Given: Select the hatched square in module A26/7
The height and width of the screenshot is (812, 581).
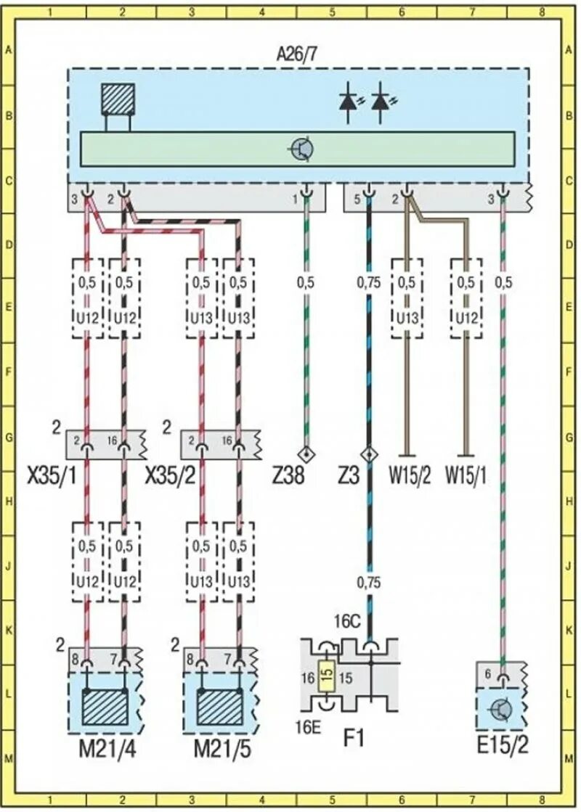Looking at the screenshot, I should [x=118, y=99].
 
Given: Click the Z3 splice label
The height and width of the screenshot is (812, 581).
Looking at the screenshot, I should [x=353, y=477].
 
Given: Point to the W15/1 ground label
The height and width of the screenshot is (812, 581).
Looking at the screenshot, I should [x=465, y=477].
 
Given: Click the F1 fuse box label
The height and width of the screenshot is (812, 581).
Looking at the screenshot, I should [x=353, y=739].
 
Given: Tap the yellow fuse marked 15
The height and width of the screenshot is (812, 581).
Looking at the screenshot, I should [x=327, y=677].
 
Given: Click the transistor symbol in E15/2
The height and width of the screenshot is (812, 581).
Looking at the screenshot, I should [x=500, y=709].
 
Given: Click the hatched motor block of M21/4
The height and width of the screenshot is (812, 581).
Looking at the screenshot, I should [x=105, y=707].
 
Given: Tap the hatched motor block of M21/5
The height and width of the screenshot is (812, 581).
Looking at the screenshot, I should [x=219, y=707].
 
